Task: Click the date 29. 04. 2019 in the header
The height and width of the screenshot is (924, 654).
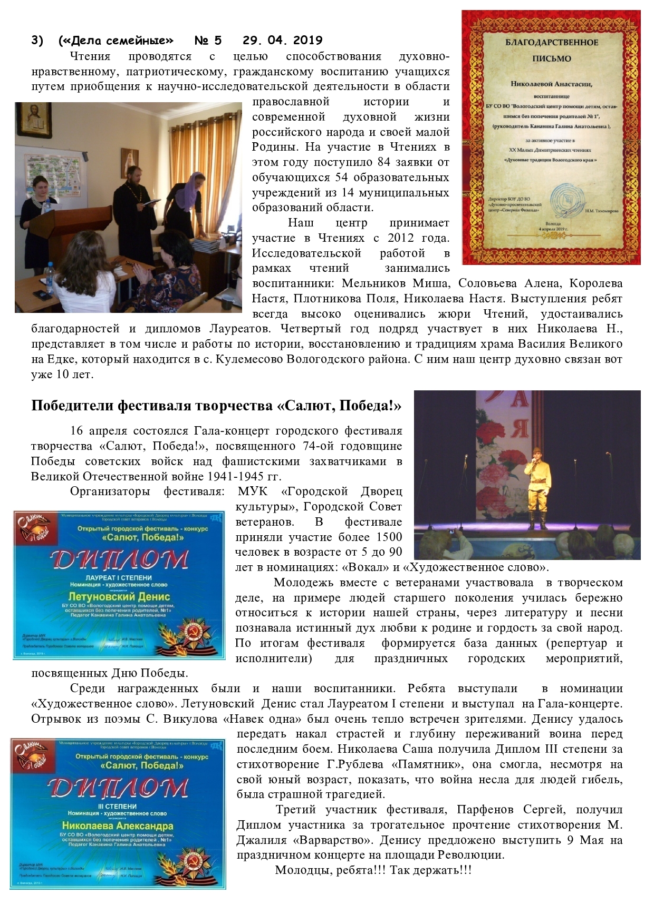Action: click(282, 41)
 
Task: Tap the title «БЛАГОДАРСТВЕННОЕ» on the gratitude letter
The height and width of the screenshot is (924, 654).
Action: click(552, 43)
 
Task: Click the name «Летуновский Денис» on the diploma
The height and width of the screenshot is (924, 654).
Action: click(119, 596)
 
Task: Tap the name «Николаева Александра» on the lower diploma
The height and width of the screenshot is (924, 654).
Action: click(117, 825)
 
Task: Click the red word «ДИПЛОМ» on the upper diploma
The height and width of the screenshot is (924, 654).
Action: click(119, 560)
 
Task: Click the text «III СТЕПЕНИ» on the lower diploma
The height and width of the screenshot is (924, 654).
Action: click(117, 806)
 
